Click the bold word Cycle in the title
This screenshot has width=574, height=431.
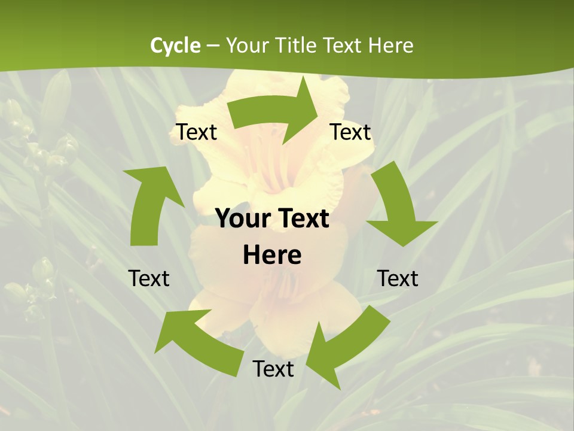click(175, 45)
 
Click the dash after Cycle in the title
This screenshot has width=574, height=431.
click(213, 46)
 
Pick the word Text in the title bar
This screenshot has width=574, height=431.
click(343, 45)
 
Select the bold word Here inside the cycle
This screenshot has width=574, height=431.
click(272, 255)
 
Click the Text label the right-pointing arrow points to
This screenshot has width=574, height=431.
click(350, 132)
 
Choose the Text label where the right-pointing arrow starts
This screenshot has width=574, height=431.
click(196, 132)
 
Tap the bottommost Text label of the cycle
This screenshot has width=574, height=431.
click(273, 369)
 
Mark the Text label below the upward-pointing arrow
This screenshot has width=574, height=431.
click(149, 278)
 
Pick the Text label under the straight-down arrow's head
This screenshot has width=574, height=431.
click(398, 278)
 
